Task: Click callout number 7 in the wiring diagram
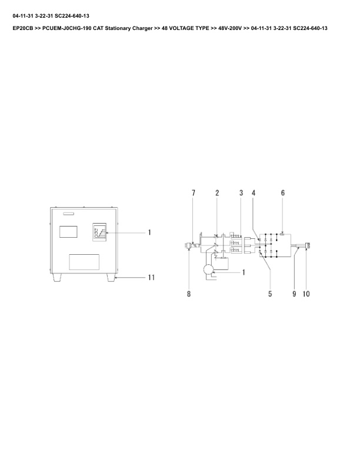point(192,193)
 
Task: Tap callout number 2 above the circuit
point(217,193)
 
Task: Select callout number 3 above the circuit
point(241,193)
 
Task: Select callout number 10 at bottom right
point(306,293)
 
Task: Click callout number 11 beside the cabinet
point(151,277)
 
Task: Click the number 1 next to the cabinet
point(149,232)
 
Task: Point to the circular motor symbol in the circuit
point(208,270)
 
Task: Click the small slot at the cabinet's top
point(65,213)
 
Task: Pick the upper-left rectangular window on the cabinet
point(69,231)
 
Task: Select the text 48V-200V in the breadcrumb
point(230,28)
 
